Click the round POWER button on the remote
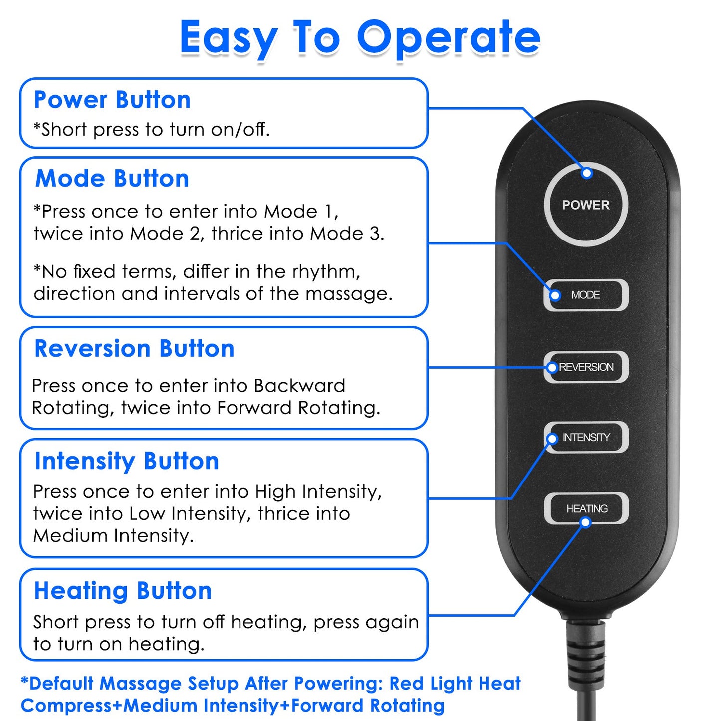pos(586,205)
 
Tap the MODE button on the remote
pos(586,295)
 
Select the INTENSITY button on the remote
pos(586,437)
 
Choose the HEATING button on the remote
pos(587,508)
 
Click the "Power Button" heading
pos(112,100)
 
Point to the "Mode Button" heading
pos(112,179)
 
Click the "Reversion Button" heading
pos(134,348)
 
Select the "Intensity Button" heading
pos(127,461)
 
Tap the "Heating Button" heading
pos(123,591)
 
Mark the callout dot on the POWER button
pos(587,173)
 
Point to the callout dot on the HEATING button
pos(586,522)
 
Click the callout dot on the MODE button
pos(555,295)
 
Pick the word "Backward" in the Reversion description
pos(299,386)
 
